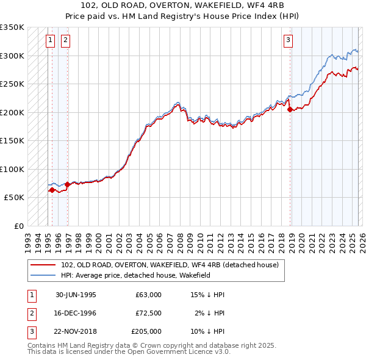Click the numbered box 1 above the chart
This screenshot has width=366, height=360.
49,41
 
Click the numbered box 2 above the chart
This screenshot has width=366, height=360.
65,41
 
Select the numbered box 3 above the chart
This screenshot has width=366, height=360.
287,41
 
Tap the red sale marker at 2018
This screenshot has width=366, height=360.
290,110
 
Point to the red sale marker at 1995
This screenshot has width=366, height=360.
52,190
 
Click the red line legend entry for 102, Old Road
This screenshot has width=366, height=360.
170,265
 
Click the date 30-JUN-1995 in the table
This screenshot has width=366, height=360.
76,294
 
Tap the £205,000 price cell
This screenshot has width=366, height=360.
146,331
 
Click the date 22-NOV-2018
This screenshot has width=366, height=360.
76,331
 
